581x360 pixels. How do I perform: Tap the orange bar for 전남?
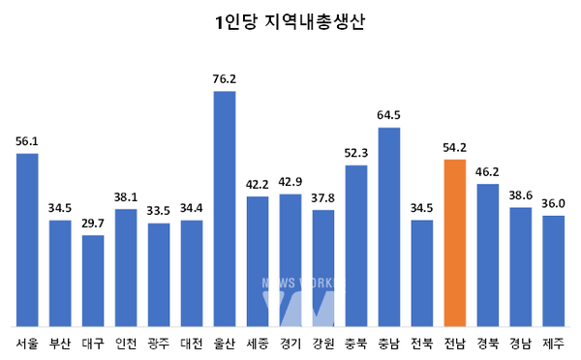coord(455,242)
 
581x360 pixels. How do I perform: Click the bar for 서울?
coord(27,240)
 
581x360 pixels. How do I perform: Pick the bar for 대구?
coord(93,281)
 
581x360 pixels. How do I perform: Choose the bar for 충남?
coord(389,226)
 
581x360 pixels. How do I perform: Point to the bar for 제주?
coord(554,271)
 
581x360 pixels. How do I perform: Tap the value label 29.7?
coord(93,224)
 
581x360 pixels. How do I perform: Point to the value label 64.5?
coord(389,116)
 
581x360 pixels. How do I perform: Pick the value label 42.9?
coord(290,182)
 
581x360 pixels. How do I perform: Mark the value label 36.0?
coord(554,204)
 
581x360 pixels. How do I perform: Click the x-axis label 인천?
coord(126,342)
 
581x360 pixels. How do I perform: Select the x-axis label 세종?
coord(258,342)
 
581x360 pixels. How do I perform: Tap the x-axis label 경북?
coord(488,342)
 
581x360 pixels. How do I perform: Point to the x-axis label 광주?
coord(159,342)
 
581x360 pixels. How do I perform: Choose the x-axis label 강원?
coord(323,342)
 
